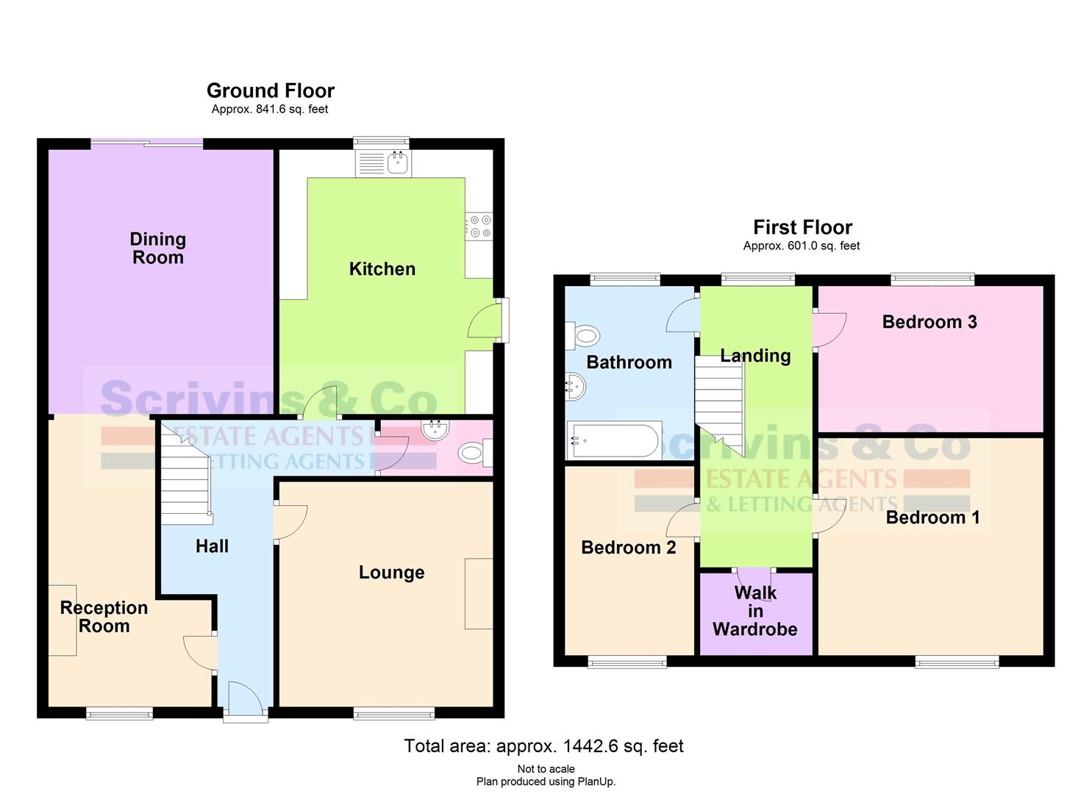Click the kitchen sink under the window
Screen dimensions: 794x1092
coord(383,162)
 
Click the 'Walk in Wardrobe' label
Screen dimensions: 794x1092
coord(755,611)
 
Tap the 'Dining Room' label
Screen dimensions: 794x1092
coord(158,248)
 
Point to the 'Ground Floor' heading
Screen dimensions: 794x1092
coord(271,90)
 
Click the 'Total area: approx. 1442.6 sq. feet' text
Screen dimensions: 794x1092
coord(543,746)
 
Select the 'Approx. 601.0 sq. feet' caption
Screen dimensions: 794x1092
coord(802,246)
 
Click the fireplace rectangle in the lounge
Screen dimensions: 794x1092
coord(479,593)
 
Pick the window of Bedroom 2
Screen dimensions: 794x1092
coord(627,662)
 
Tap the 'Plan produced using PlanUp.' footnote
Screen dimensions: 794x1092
coord(546,782)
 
